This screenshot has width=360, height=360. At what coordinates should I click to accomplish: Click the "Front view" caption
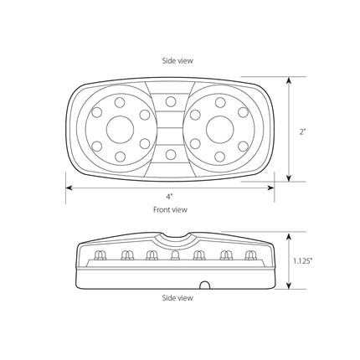pos(170,209)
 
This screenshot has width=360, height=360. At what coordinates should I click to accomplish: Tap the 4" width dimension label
pos(168,197)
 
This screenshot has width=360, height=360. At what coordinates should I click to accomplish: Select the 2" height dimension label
pos(303,131)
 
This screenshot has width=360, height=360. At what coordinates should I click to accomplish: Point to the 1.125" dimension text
pos(302,261)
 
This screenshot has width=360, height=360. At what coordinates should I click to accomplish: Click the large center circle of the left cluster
pos(121,130)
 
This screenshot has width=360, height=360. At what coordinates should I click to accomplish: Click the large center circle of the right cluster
pos(219,130)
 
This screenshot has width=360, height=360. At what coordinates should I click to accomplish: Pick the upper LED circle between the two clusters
pos(171,101)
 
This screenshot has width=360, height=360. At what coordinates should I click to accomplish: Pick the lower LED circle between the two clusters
pos(171,154)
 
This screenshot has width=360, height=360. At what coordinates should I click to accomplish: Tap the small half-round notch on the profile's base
pos(205,285)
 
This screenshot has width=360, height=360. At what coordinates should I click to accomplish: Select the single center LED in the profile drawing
pos(175,255)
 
